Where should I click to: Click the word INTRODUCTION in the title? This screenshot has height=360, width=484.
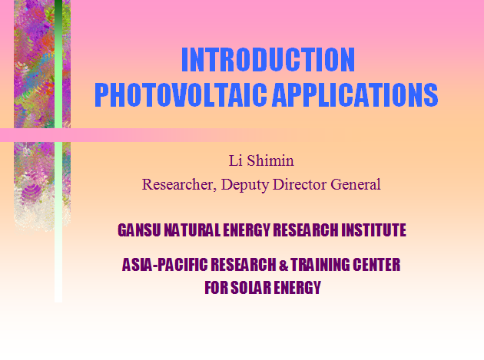coord(268,60)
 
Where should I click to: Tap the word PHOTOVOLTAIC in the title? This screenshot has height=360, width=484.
coord(181,94)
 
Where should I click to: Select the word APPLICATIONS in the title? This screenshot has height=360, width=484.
coord(355,94)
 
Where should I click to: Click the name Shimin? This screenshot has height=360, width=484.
coord(270,160)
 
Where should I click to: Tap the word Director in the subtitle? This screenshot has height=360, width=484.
coord(300,184)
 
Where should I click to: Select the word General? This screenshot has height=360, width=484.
coord(355,184)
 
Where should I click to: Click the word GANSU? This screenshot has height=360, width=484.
coord(139,230)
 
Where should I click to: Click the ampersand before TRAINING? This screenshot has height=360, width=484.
coord(283,266)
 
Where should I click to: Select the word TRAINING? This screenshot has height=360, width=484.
coord(320,265)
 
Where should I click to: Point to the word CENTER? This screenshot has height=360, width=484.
coord(376,265)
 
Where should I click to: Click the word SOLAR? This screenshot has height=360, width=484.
coord(251,288)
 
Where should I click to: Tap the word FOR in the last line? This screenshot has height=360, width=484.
coord(216,288)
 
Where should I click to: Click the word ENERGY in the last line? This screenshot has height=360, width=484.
coord(297,288)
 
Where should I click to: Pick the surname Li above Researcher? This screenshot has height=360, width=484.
coord(235,160)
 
